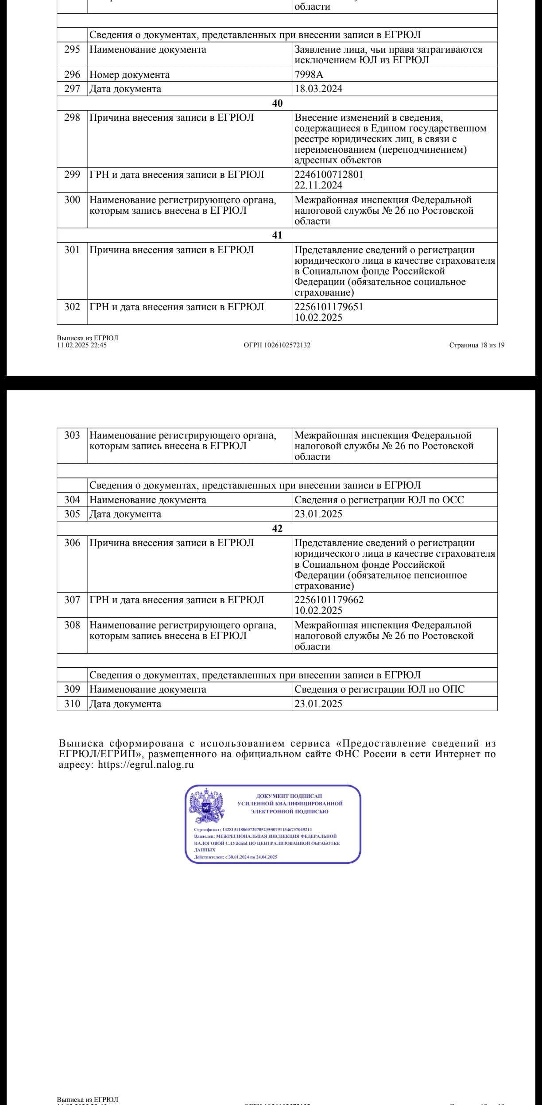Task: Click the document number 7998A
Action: click(309, 75)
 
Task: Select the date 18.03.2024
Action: click(318, 89)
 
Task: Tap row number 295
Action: click(72, 50)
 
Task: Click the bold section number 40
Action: click(277, 103)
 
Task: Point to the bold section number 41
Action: click(277, 235)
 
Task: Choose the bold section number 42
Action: click(277, 528)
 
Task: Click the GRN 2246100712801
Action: click(329, 174)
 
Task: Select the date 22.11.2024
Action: click(318, 185)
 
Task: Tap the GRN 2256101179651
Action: click(329, 307)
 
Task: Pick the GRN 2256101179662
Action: click(329, 600)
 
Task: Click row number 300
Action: click(72, 200)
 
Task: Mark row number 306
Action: click(72, 543)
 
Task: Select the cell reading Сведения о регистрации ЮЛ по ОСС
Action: click(379, 500)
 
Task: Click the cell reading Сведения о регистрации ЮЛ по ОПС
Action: click(379, 689)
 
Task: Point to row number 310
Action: click(72, 704)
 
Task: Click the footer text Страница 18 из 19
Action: click(477, 346)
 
